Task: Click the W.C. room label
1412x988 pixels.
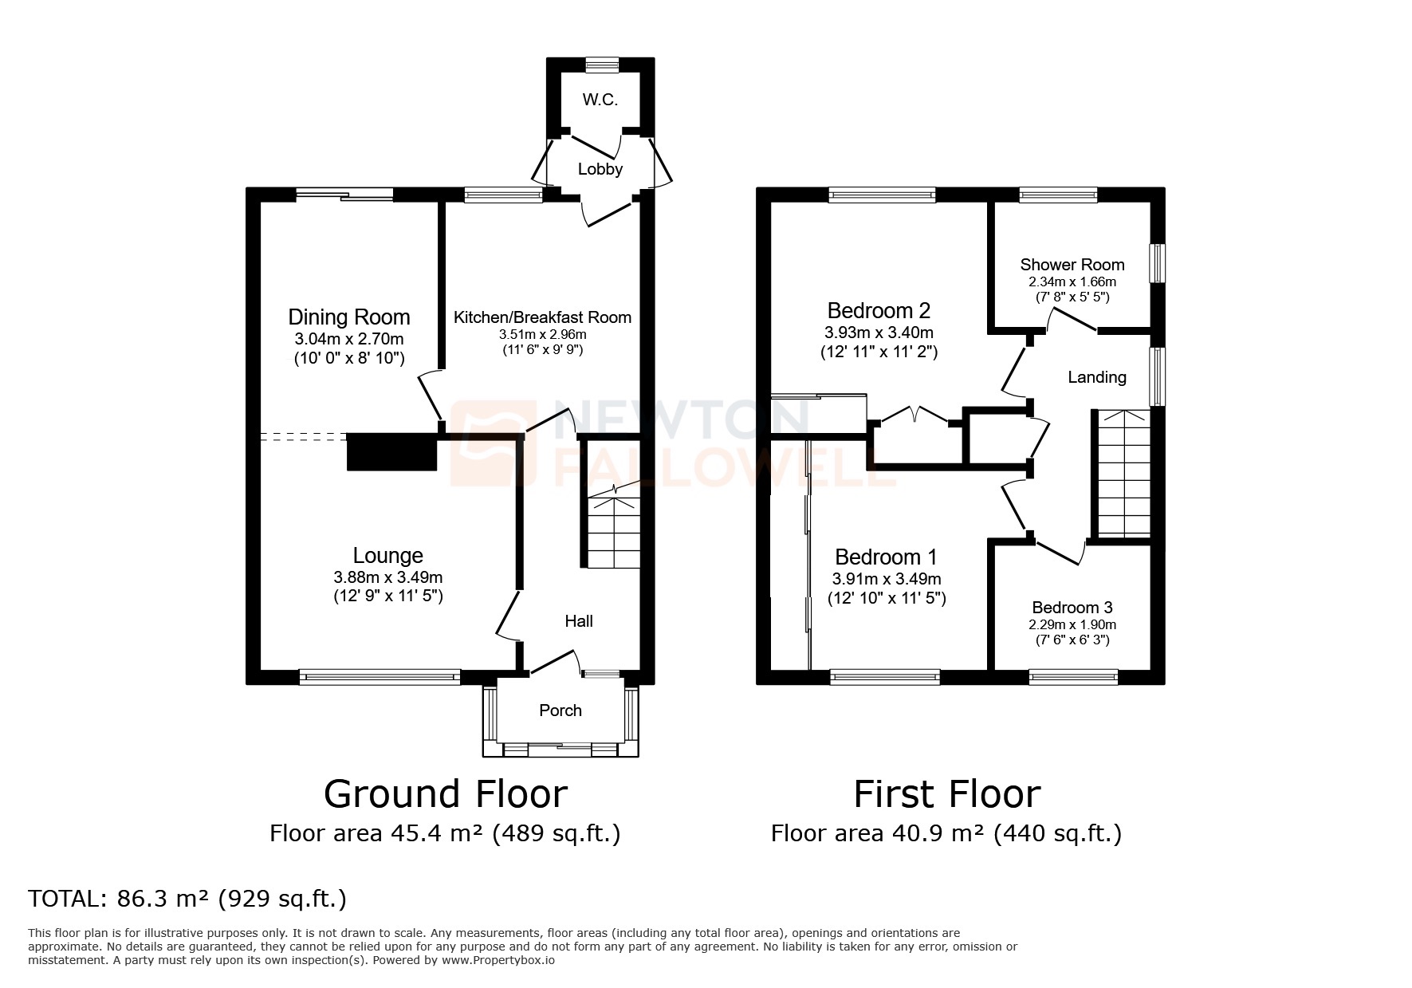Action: click(x=600, y=100)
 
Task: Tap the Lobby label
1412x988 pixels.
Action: click(x=600, y=169)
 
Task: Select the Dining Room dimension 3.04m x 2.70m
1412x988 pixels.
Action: click(x=348, y=340)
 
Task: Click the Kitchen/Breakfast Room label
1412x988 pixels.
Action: click(x=542, y=317)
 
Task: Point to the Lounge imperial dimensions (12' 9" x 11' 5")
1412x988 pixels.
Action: click(x=387, y=596)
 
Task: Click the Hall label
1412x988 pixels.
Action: click(x=579, y=621)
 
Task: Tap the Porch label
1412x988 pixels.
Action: click(x=560, y=710)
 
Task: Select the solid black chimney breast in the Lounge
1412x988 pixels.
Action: click(x=391, y=453)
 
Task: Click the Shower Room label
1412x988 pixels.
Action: click(x=1072, y=265)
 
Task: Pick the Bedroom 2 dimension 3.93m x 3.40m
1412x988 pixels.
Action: click(x=879, y=333)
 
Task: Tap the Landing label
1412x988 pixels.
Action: click(x=1097, y=377)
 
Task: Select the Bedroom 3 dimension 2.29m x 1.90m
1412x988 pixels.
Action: click(x=1072, y=625)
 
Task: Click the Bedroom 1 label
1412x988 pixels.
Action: click(x=885, y=557)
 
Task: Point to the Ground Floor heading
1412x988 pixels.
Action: click(x=445, y=794)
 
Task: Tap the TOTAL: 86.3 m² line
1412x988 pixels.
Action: click(x=187, y=899)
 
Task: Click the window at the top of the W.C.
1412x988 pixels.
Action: click(x=601, y=64)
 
